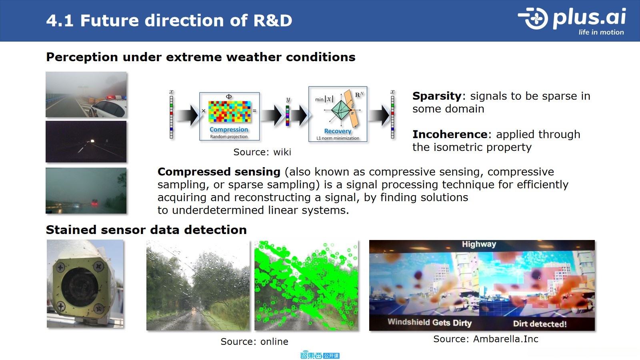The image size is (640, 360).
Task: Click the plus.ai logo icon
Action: tap(534, 18)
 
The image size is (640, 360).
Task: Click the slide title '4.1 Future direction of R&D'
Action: tap(169, 20)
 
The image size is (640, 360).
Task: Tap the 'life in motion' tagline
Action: tap(601, 32)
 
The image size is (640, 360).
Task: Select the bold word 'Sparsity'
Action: tap(437, 96)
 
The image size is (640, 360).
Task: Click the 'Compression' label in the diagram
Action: tap(229, 130)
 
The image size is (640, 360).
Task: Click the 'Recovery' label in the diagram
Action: tap(338, 131)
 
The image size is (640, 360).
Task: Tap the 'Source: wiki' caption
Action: tap(262, 152)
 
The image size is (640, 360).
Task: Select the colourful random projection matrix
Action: tap(230, 112)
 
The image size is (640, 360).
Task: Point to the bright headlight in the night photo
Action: tap(92, 141)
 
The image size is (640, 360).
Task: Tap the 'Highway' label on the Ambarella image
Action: tap(479, 244)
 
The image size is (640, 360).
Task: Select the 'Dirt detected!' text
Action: tap(540, 324)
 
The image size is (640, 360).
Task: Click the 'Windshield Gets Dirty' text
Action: tap(430, 322)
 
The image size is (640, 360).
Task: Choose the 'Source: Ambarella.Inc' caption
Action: tap(486, 339)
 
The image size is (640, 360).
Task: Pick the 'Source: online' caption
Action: tap(254, 342)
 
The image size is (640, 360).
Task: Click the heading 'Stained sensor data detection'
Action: tap(146, 230)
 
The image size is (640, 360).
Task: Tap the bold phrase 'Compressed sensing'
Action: tap(219, 172)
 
